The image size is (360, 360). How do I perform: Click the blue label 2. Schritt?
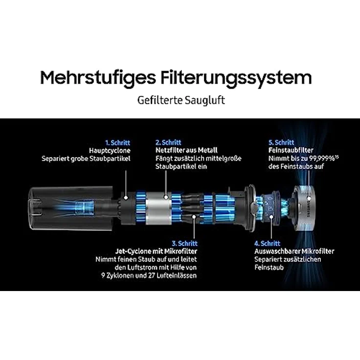[x=169, y=142]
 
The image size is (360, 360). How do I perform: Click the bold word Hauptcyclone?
[x=110, y=151]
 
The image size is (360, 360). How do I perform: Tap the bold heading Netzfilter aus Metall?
[x=186, y=151]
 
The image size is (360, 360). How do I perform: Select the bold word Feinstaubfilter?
[x=291, y=151]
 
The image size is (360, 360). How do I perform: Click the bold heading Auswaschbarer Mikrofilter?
[x=294, y=251]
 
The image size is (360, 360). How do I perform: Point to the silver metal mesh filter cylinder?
[x=158, y=206]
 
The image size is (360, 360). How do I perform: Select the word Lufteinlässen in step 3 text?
[x=177, y=275]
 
